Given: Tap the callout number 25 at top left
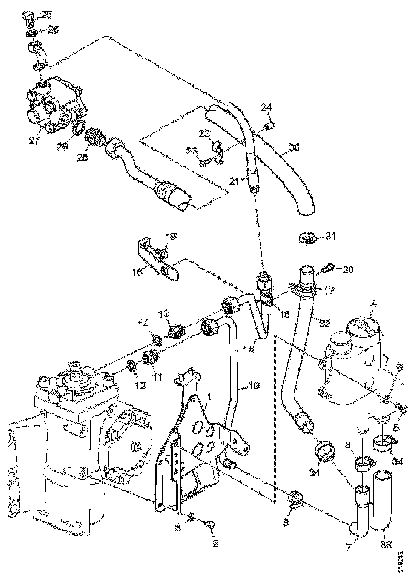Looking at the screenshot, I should click(x=46, y=15).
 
